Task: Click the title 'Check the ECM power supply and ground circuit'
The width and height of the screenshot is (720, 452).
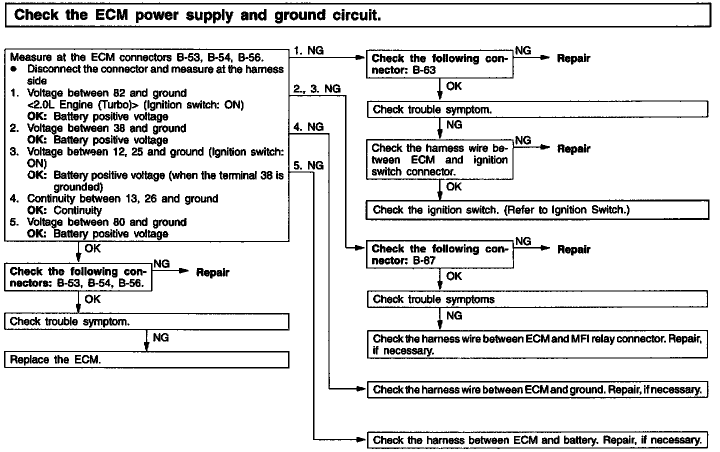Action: point(197,15)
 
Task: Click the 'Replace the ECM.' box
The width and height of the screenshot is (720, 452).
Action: point(146,359)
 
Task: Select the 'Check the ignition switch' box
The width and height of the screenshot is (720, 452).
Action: point(537,210)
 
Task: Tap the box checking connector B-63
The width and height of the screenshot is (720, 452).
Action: point(439,64)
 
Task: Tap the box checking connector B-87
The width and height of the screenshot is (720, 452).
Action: point(439,254)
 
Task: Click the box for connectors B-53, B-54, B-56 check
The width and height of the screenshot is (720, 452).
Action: point(78,277)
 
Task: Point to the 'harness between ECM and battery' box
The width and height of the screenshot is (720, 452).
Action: point(537,440)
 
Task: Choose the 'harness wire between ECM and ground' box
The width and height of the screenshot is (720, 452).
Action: point(537,389)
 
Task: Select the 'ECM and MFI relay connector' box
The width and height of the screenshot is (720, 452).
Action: point(537,344)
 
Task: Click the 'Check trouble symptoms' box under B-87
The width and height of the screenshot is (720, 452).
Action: point(537,299)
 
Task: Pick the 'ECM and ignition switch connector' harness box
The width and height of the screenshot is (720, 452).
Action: point(439,160)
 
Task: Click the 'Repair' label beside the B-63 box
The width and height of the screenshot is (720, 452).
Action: point(573,58)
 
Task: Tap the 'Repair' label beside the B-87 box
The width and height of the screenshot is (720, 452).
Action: point(573,249)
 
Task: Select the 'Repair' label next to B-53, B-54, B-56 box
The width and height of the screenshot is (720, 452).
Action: point(212,272)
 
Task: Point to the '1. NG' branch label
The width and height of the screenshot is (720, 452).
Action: point(308,50)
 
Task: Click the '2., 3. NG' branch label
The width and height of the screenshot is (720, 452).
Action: point(317,89)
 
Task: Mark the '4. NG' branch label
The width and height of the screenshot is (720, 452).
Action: point(308,127)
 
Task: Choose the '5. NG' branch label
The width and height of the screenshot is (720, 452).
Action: point(308,165)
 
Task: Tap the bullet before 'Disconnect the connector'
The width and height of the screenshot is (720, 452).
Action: point(13,69)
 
